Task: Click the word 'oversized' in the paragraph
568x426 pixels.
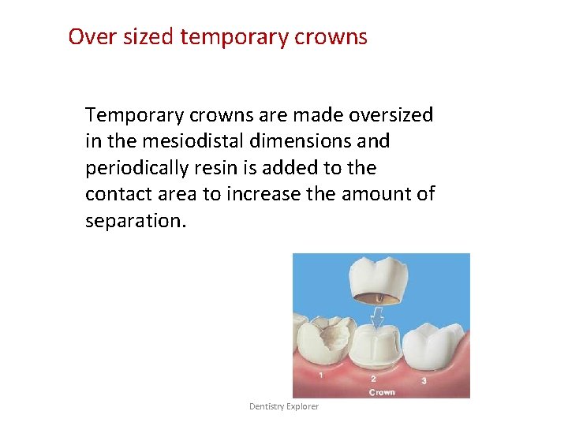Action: pyautogui.click(x=391, y=115)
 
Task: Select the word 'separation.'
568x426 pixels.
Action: pyautogui.click(x=136, y=220)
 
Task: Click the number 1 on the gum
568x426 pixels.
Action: pyautogui.click(x=320, y=376)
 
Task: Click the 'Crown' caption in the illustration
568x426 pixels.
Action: pyautogui.click(x=382, y=391)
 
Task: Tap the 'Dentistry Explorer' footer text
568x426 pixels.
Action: pyautogui.click(x=284, y=406)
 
